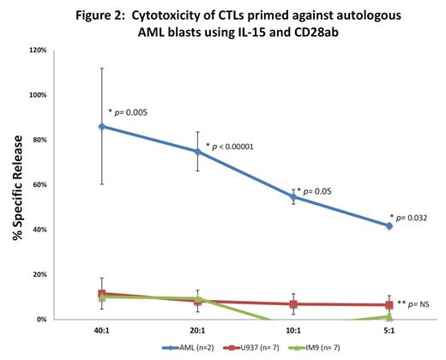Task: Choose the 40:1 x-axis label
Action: pos(102,330)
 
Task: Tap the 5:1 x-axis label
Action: pos(389,330)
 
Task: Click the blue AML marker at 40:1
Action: pos(102,126)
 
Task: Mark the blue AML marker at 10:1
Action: pos(293,197)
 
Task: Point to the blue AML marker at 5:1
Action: pos(389,225)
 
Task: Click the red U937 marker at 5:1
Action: pos(389,305)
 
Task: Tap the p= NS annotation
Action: pos(418,303)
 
